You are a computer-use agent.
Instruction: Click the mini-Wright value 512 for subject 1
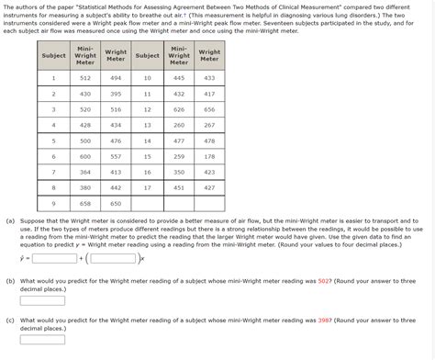pyautogui.click(x=85, y=78)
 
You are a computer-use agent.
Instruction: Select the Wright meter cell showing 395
pyautogui.click(x=116, y=94)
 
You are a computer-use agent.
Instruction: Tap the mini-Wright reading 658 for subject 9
pyautogui.click(x=85, y=203)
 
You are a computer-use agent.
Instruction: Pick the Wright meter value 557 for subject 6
pyautogui.click(x=116, y=156)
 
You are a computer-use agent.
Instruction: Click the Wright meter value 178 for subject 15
pyautogui.click(x=209, y=156)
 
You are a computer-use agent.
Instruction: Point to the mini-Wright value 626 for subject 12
pyautogui.click(x=179, y=109)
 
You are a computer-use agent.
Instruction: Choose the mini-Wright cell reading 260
pyautogui.click(x=179, y=125)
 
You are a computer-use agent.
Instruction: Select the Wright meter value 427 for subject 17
pyautogui.click(x=209, y=187)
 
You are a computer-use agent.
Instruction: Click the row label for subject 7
pyautogui.click(x=53, y=172)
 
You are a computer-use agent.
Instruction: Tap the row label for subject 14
pyautogui.click(x=148, y=141)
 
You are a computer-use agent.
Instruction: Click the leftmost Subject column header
pyautogui.click(x=53, y=56)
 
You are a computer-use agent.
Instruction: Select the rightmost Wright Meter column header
pyautogui.click(x=209, y=56)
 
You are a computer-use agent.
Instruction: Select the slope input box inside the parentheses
pyautogui.click(x=115, y=258)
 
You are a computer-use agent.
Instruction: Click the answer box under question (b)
pyautogui.click(x=42, y=299)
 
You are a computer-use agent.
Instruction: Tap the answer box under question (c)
pyautogui.click(x=42, y=341)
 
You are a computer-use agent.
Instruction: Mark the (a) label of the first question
pyautogui.click(x=9, y=221)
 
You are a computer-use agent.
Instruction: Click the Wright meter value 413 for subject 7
pyautogui.click(x=116, y=172)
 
